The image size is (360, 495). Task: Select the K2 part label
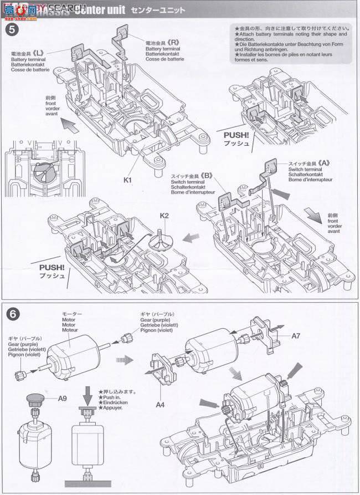pyautogui.click(x=164, y=215)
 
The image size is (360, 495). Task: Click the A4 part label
pyautogui.click(x=160, y=405)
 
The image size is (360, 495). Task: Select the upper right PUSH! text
pyautogui.click(x=236, y=135)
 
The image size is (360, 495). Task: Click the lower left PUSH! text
pyautogui.click(x=52, y=267)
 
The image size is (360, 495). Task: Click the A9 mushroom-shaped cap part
pyautogui.click(x=36, y=399)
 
